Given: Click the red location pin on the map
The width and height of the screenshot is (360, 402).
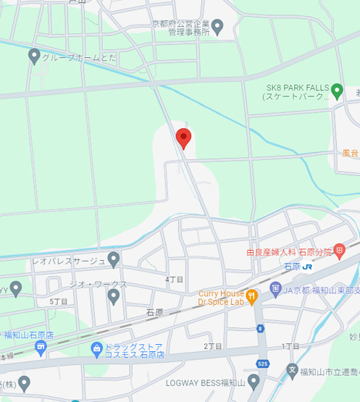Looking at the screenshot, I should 183,137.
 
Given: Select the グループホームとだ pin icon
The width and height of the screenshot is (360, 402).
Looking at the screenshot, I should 34,55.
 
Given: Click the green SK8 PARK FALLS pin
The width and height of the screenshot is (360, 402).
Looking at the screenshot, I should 337,91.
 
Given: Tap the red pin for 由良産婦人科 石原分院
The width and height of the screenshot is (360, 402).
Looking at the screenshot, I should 339,251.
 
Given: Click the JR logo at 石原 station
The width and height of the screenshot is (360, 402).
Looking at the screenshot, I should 308,267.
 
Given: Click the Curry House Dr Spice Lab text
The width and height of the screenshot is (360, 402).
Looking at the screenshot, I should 221,298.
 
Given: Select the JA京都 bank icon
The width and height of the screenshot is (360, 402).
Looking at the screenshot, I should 275,289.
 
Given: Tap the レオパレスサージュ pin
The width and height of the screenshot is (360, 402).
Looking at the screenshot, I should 114,259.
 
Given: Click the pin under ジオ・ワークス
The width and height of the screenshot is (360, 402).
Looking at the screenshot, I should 113,295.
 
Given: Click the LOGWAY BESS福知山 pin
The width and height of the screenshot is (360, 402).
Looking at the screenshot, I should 254,381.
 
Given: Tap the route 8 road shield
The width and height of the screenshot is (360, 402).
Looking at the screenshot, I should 260,330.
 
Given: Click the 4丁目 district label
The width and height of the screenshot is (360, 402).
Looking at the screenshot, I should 175,279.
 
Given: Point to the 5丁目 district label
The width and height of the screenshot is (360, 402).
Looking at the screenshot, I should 59,301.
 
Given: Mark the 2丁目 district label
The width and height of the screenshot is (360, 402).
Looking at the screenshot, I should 212,346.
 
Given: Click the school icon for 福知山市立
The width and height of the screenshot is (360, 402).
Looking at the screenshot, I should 292,371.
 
